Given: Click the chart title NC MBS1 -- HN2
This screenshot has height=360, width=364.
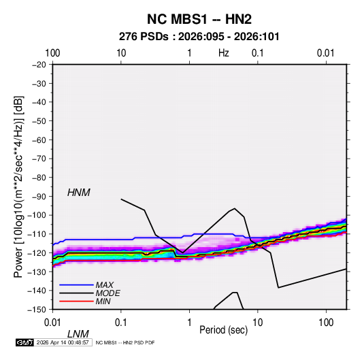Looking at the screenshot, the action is click(199, 19).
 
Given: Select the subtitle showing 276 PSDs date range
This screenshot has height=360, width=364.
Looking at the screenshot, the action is click(199, 37).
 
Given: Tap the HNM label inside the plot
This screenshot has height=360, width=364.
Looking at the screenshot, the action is click(79, 193).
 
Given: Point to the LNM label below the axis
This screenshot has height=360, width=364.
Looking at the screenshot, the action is click(78, 334).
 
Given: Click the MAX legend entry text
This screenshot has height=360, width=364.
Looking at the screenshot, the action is click(105, 284).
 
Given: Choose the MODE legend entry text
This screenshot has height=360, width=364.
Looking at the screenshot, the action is click(107, 293).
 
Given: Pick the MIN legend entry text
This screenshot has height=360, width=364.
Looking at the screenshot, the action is click(103, 301).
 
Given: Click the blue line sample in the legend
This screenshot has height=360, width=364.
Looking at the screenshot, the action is click(76, 285).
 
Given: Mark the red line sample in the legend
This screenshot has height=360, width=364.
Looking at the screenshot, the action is click(76, 301).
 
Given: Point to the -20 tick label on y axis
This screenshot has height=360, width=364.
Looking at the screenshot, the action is click(39, 65).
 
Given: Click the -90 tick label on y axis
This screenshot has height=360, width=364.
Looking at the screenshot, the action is click(39, 196).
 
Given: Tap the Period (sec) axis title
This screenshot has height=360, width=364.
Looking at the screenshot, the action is click(224, 329).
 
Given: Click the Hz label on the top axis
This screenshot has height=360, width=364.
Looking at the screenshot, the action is click(224, 53).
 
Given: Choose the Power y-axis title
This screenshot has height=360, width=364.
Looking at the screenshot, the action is click(18, 187).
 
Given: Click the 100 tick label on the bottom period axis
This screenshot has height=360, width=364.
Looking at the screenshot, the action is click(326, 323).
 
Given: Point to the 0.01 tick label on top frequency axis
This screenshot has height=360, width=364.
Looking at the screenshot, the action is click(325, 53).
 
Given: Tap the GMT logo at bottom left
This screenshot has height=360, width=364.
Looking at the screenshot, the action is click(24, 342).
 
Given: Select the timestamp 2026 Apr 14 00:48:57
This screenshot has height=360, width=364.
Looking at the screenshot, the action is click(63, 342).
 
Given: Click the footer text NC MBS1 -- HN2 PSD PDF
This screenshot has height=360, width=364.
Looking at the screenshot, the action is click(125, 342).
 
